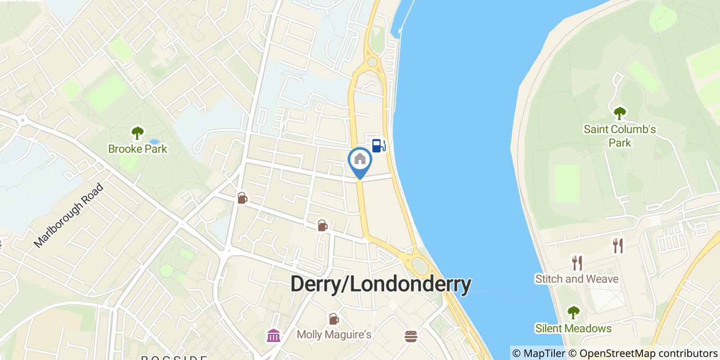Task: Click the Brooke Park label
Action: (x=137, y=149)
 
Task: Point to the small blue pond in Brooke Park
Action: (x=154, y=141)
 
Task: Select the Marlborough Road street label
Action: (x=69, y=215)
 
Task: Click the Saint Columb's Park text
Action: (x=620, y=135)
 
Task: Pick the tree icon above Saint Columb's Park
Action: (x=620, y=113)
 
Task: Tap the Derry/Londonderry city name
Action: (x=381, y=284)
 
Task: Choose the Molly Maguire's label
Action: (x=334, y=335)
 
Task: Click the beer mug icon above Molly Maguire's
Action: (x=334, y=319)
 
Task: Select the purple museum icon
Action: (x=274, y=336)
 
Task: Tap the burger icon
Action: (x=410, y=336)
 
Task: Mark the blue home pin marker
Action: (x=360, y=160)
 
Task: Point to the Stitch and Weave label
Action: (x=577, y=279)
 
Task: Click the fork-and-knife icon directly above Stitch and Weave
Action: (x=577, y=263)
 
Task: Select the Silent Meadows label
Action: (x=573, y=328)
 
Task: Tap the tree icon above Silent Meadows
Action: (x=573, y=312)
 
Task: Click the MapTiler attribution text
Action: (x=538, y=353)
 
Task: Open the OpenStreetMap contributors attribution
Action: (x=642, y=353)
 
